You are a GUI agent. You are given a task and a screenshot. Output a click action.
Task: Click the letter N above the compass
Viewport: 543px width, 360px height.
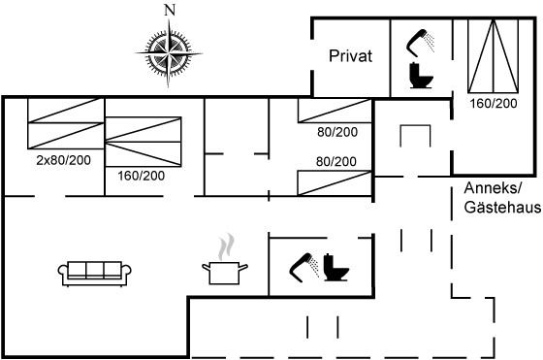(x=170, y=11)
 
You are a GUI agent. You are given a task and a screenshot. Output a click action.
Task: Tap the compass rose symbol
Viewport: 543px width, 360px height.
(x=169, y=53)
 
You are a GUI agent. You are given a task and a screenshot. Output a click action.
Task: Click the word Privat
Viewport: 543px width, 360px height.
(x=350, y=55)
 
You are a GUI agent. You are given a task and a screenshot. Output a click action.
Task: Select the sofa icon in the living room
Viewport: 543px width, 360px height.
(x=95, y=274)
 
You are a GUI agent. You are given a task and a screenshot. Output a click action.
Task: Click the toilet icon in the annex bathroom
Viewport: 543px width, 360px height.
(x=421, y=75)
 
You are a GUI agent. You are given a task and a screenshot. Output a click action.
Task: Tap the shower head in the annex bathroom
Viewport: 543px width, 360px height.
(x=420, y=44)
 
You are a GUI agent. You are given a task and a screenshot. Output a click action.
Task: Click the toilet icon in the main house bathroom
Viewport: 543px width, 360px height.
(x=335, y=267)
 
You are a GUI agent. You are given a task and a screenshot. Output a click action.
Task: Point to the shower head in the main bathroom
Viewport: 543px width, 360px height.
(x=304, y=268)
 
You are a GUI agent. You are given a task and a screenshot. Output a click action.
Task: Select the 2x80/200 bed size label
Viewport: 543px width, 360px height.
(x=64, y=160)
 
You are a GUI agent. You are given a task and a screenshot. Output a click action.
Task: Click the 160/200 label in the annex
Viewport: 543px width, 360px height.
(x=494, y=103)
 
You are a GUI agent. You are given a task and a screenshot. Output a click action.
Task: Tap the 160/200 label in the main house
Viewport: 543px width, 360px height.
(x=141, y=176)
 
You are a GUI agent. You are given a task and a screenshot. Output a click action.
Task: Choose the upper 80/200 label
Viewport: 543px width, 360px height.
(x=337, y=132)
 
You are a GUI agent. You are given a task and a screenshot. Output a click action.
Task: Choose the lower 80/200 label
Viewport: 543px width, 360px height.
(x=335, y=161)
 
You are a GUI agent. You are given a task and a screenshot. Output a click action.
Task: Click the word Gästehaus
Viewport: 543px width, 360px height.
(x=502, y=208)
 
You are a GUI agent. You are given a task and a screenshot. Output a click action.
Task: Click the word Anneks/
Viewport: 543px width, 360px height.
(x=493, y=188)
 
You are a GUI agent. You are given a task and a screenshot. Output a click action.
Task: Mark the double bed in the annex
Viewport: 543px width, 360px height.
(x=494, y=55)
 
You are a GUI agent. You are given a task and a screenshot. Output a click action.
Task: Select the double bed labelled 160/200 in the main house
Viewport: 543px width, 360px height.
(x=144, y=142)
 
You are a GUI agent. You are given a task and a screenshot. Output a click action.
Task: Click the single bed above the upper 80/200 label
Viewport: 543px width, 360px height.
(x=335, y=111)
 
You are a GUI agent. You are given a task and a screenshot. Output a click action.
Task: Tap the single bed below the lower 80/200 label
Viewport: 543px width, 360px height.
(x=335, y=182)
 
